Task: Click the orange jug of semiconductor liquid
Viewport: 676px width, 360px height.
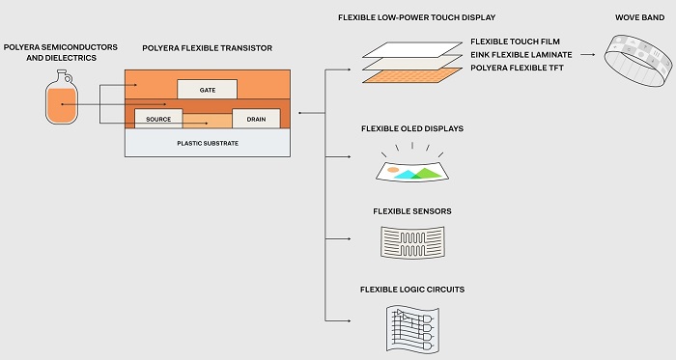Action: pos(61,104)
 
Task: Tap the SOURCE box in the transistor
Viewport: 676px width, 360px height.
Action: pos(158,119)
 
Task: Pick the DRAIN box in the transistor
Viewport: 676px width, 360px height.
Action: pos(256,119)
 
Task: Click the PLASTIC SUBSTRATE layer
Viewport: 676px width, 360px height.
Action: pos(207,143)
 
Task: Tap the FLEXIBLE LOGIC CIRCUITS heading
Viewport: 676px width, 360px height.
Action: pos(411,290)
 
